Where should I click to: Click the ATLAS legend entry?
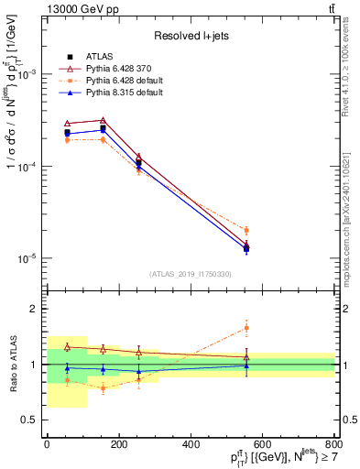click(x=96, y=57)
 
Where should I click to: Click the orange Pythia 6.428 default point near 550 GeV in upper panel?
click(x=245, y=230)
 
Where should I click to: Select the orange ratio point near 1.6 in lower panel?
click(x=245, y=327)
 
